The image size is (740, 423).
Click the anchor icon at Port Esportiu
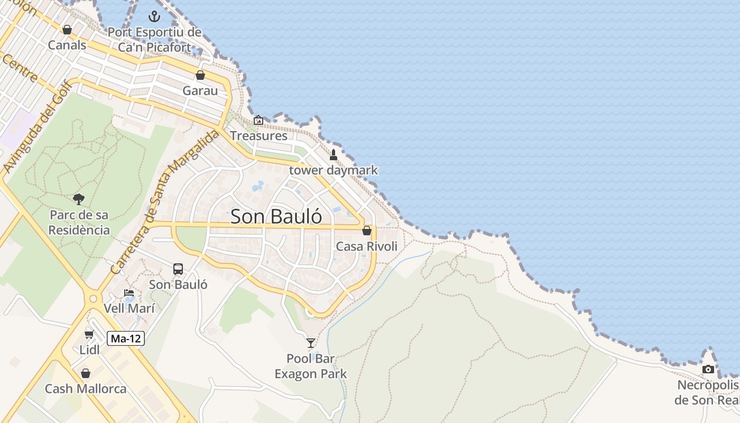(154, 16)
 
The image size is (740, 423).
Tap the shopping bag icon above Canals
(67, 30)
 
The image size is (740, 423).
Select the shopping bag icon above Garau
(200, 75)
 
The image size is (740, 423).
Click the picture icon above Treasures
(258, 121)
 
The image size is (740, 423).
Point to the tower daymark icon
(334, 155)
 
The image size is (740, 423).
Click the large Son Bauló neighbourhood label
(276, 216)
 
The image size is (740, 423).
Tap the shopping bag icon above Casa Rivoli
(367, 231)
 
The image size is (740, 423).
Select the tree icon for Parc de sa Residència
(79, 199)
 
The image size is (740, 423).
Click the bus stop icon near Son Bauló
(178, 269)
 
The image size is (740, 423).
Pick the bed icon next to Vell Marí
(129, 293)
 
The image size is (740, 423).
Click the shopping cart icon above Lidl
(89, 334)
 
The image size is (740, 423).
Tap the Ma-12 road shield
(126, 338)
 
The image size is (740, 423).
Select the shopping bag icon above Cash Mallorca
(86, 373)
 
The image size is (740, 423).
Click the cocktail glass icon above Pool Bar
(311, 343)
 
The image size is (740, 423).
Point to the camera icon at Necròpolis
(708, 369)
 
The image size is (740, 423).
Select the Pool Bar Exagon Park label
(311, 366)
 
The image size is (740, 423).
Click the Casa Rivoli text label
(367, 246)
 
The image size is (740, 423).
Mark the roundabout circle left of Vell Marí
(94, 299)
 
